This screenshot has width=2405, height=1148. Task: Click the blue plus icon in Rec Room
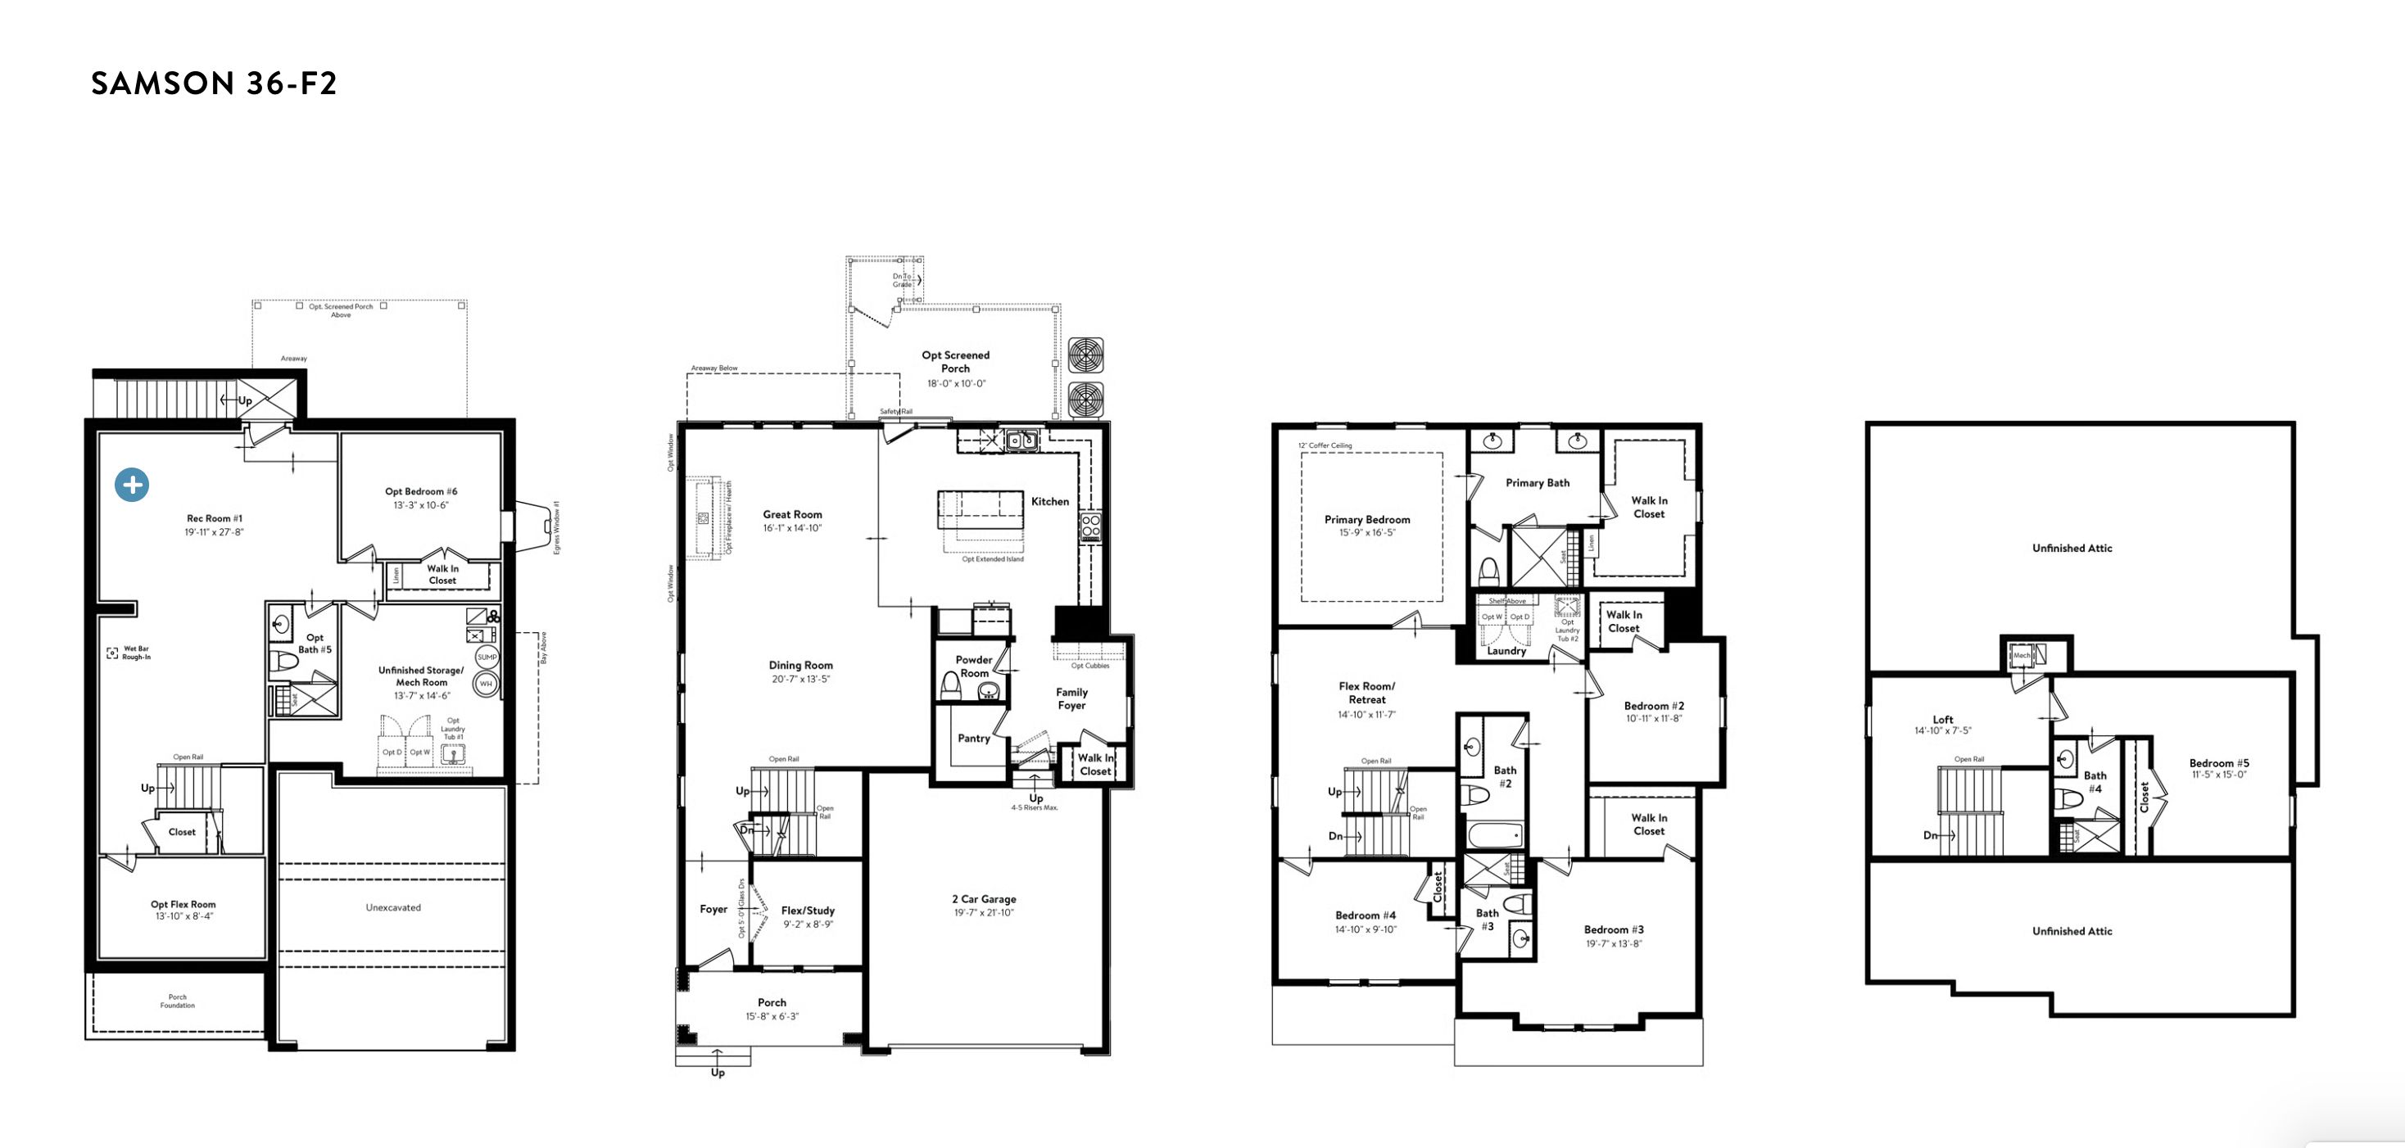point(132,485)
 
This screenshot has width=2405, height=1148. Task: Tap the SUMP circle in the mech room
point(487,657)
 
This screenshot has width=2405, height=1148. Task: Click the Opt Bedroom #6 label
point(421,492)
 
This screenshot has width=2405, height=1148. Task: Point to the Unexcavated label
point(393,907)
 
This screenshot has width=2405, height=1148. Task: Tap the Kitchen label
point(1049,502)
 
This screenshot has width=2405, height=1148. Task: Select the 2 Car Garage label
point(984,900)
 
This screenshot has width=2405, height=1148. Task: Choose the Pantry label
point(974,739)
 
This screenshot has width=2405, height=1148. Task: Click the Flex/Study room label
point(808,911)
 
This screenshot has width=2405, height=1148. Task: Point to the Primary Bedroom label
point(1367,520)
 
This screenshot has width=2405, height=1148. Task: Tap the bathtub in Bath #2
point(1494,834)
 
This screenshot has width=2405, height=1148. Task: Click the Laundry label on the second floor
point(1506,650)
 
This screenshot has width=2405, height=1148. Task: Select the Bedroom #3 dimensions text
point(1613,943)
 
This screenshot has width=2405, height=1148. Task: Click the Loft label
point(1943,720)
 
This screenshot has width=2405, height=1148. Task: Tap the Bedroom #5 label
point(2219,763)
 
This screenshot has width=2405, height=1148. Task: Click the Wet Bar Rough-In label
point(136,653)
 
